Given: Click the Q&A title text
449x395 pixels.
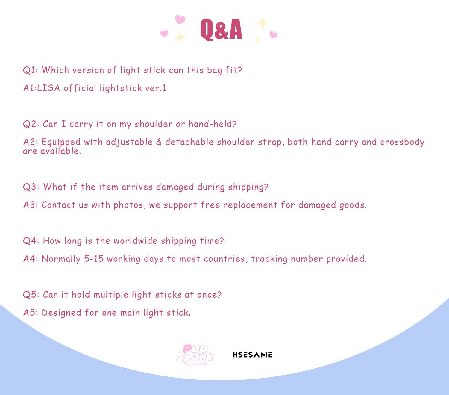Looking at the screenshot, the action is [221, 29].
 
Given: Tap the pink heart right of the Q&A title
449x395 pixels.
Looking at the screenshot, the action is [273, 35].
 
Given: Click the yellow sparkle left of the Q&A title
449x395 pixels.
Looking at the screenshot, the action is [180, 37].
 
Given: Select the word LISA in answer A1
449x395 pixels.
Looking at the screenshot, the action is [48, 88].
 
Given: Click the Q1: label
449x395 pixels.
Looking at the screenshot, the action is [30, 70].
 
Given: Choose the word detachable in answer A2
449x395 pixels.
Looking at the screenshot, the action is [189, 142].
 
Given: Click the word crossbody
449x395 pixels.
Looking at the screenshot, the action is [402, 142].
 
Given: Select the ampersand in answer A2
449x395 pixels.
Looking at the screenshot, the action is [159, 142].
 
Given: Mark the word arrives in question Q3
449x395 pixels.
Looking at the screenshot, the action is [137, 187].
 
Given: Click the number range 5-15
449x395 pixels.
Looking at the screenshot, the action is [94, 259].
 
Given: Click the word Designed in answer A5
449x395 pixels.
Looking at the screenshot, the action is [61, 313].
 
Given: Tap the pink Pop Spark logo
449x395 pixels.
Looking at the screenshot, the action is [195, 355].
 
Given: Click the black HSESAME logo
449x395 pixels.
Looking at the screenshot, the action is [252, 355].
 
